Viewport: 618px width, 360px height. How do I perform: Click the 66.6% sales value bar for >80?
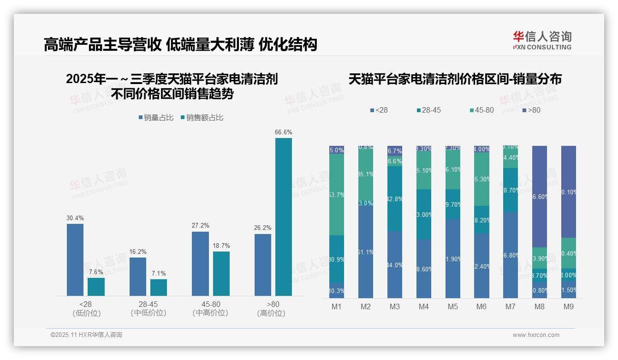click(x=284, y=217)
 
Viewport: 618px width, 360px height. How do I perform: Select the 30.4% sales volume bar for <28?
click(x=75, y=259)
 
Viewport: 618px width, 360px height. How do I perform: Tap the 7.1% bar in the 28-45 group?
click(x=159, y=287)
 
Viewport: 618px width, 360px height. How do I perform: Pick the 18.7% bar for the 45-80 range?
click(x=221, y=273)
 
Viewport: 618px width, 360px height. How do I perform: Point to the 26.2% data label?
click(x=263, y=228)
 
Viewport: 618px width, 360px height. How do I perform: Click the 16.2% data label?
click(x=138, y=252)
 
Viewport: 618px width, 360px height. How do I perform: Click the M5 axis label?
click(x=452, y=306)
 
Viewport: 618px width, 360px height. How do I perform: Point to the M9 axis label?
click(x=569, y=306)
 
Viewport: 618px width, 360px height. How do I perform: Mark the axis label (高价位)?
click(x=271, y=313)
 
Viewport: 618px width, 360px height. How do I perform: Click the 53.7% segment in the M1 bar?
click(x=337, y=195)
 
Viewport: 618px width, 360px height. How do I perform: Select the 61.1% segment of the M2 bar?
click(x=366, y=252)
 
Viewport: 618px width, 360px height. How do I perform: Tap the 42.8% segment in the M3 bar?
click(x=395, y=199)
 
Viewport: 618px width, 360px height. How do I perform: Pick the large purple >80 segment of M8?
click(x=540, y=197)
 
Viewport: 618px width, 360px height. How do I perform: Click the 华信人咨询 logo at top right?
click(x=542, y=40)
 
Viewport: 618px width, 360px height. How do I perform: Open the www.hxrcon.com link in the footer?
click(x=536, y=335)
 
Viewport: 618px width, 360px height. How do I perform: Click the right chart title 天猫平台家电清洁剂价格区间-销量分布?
click(x=455, y=79)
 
